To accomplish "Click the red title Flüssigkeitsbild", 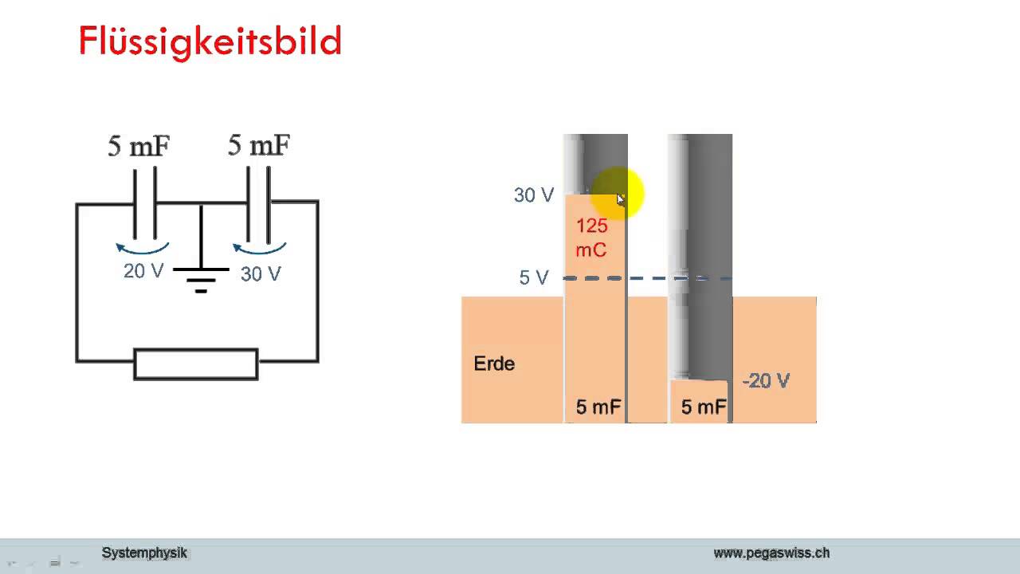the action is tap(210, 42).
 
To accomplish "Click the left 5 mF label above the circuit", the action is tap(139, 146).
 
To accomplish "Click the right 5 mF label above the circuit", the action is tap(259, 145).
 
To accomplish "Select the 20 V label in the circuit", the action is tap(143, 271).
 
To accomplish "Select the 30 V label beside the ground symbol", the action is tap(261, 273).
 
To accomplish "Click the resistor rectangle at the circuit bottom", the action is tap(196, 364).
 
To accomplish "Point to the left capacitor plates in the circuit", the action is tap(145, 202).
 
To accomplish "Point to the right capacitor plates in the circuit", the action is tap(258, 204).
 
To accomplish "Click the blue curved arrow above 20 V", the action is tap(143, 251).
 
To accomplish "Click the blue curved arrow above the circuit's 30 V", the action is tap(259, 251).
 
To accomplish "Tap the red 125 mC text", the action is tap(591, 238).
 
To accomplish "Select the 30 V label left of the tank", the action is tap(534, 195).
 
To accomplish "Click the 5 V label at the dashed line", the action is tap(534, 277).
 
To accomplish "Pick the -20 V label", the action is tap(766, 381).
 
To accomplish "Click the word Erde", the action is tap(494, 364).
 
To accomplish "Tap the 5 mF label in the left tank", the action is tap(598, 407).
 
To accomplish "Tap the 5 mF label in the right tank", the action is tap(704, 407).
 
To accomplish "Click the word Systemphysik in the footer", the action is tap(144, 553).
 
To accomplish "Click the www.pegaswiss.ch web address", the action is tap(772, 553).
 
